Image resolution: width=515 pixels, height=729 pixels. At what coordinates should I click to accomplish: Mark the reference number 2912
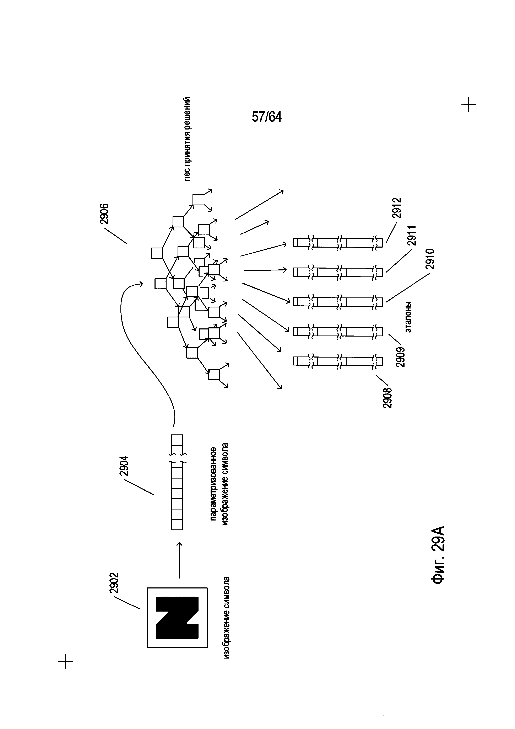396,208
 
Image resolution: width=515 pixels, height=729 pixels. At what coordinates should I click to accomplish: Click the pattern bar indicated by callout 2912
338,243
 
